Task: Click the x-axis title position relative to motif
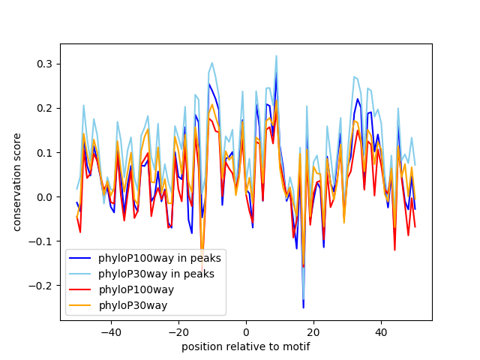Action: (245, 346)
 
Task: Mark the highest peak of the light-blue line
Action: (276, 55)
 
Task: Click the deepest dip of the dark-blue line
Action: (304, 307)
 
